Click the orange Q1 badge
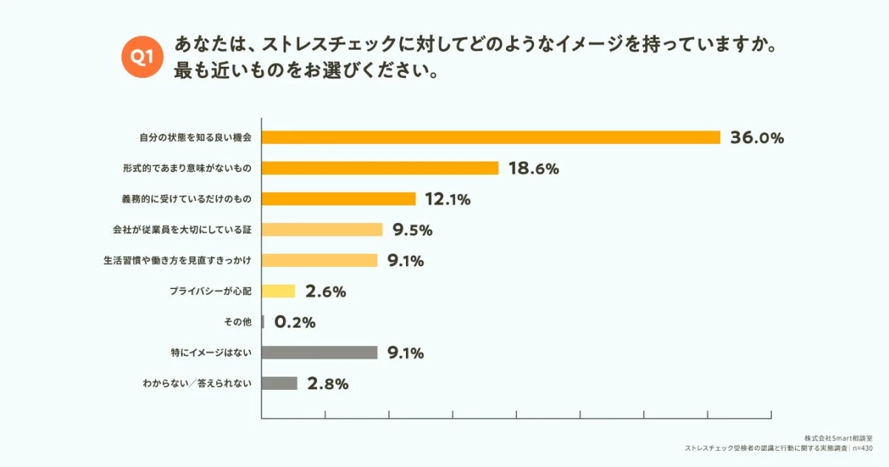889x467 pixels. pyautogui.click(x=141, y=56)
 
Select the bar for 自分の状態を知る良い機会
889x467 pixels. pyautogui.click(x=491, y=137)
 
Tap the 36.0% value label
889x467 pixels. pyautogui.click(x=756, y=137)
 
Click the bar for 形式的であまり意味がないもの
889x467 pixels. pyautogui.click(x=380, y=168)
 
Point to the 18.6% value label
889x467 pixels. pyautogui.click(x=533, y=168)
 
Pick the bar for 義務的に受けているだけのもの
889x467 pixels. pyautogui.click(x=339, y=199)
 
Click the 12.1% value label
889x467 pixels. pyautogui.click(x=447, y=199)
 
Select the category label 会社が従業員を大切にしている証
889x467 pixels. pyautogui.click(x=177, y=230)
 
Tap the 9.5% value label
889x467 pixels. pyautogui.click(x=413, y=230)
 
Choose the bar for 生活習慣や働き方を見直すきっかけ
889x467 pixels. pyautogui.click(x=319, y=260)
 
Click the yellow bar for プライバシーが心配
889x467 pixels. pyautogui.click(x=279, y=291)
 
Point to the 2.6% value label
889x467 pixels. pyautogui.click(x=325, y=291)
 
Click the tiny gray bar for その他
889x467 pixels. pyautogui.click(x=263, y=322)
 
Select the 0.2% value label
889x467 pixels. pyautogui.click(x=295, y=322)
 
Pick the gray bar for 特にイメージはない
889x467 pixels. pyautogui.click(x=319, y=353)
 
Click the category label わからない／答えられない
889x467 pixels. pyautogui.click(x=198, y=384)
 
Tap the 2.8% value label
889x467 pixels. pyautogui.click(x=327, y=384)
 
